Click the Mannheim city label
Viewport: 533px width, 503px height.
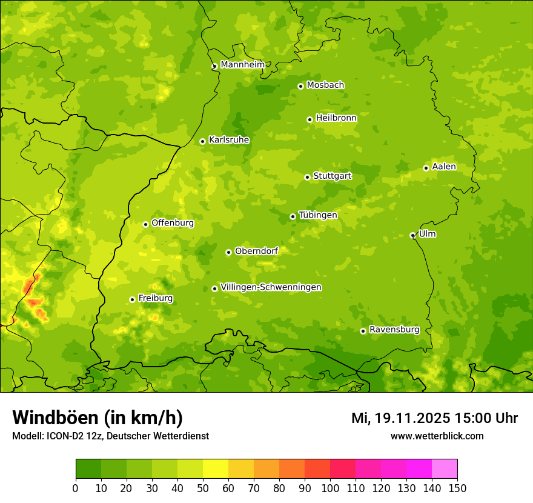(x=242, y=65)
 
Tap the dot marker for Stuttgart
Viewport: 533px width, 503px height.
(x=307, y=177)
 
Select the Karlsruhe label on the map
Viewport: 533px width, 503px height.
(x=228, y=140)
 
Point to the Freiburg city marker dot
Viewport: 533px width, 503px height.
(x=132, y=299)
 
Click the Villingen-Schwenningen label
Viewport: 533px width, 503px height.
(x=271, y=287)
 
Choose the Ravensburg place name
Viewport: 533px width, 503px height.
(x=394, y=330)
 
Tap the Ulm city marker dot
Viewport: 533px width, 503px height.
(x=412, y=235)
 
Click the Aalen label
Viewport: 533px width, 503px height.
(x=444, y=167)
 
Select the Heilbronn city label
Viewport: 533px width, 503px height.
(x=336, y=118)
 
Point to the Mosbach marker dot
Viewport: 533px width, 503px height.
(x=300, y=86)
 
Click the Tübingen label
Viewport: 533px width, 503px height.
(x=317, y=215)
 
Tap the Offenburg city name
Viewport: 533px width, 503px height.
(x=173, y=223)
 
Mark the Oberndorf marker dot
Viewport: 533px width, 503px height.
(x=228, y=252)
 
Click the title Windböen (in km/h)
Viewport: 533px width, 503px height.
(x=98, y=418)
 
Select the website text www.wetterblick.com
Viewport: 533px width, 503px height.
(x=437, y=436)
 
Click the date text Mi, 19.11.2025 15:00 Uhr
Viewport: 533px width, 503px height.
(x=434, y=418)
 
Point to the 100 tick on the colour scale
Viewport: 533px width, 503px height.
(x=330, y=488)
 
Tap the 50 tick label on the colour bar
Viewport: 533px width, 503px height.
(x=203, y=488)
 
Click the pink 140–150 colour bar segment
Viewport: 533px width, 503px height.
(x=445, y=468)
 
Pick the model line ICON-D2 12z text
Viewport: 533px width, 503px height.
(x=110, y=436)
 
